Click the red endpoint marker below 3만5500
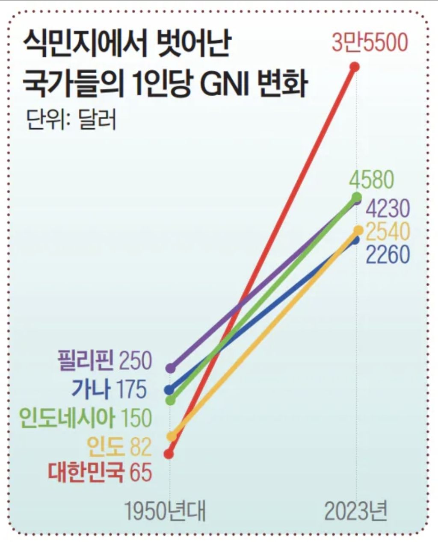pyautogui.click(x=355, y=67)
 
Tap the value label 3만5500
pyautogui.click(x=370, y=42)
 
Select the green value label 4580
pyautogui.click(x=372, y=180)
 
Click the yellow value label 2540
pyautogui.click(x=388, y=232)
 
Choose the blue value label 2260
pyautogui.click(x=388, y=254)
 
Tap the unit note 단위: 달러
pyautogui.click(x=71, y=120)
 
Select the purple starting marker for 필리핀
pyautogui.click(x=171, y=368)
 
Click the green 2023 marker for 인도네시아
pyautogui.click(x=356, y=197)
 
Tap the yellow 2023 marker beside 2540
pyautogui.click(x=358, y=230)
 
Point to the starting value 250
pyautogui.click(x=136, y=361)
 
